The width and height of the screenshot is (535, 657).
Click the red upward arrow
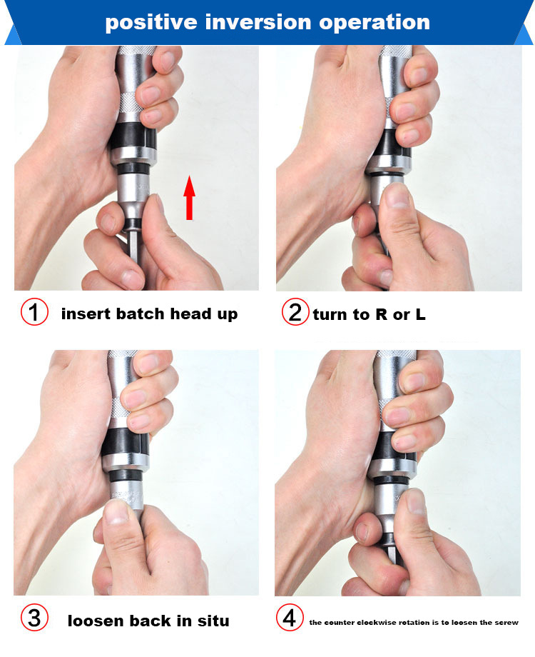click(189, 198)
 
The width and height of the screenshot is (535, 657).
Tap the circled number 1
click(34, 312)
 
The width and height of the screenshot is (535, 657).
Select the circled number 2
click(295, 312)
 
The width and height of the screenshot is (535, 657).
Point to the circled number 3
click(34, 618)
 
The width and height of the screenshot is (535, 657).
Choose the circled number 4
click(290, 617)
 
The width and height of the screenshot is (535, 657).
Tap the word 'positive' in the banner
click(151, 23)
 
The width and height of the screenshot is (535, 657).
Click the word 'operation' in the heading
click(374, 23)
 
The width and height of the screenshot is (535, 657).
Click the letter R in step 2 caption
click(381, 314)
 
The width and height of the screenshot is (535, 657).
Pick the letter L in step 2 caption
click(420, 314)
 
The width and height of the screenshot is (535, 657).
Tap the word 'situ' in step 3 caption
click(213, 621)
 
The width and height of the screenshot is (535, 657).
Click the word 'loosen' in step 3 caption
click(96, 621)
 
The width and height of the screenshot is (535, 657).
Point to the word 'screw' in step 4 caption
click(506, 623)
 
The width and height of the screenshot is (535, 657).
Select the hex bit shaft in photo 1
click(133, 247)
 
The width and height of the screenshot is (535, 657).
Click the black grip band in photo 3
click(126, 443)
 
